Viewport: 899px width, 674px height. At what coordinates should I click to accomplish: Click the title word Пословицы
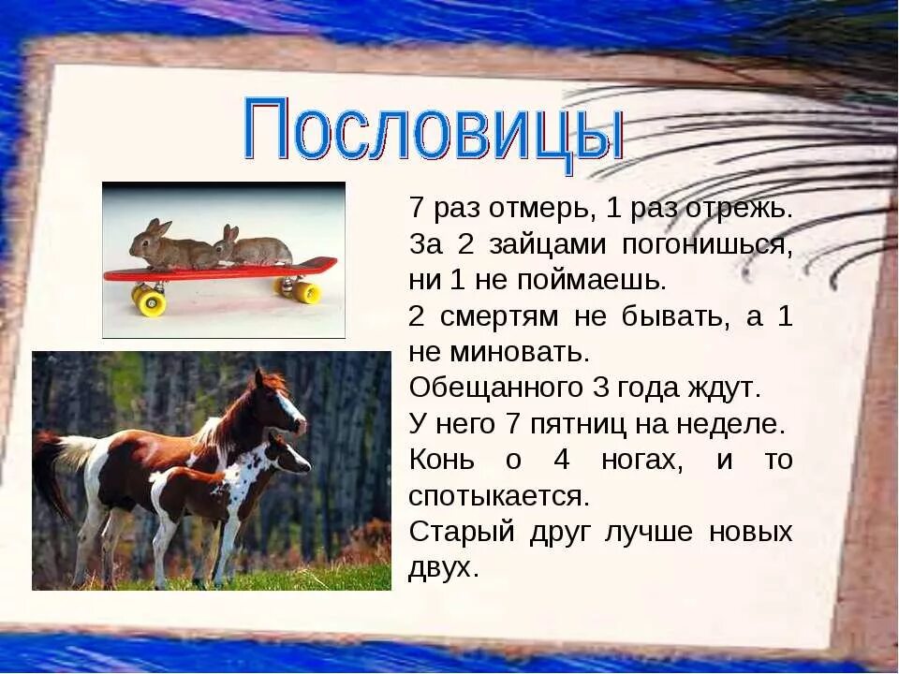tap(433, 132)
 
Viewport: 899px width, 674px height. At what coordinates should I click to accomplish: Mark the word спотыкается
tap(498, 495)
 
